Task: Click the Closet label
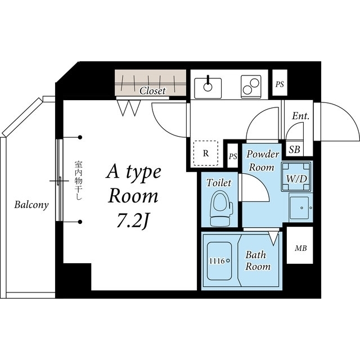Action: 152,91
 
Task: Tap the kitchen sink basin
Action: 208,88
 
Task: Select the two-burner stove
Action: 251,87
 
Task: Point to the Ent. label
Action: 300,116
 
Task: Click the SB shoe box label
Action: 295,150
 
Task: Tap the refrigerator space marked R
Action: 206,153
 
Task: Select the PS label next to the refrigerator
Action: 233,156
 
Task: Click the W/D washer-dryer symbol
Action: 296,177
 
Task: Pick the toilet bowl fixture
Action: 221,209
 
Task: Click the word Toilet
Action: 219,183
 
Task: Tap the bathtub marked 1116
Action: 219,261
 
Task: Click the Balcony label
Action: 31,205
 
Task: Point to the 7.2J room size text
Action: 132,221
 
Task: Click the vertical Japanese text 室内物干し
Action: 78,181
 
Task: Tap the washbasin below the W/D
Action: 301,208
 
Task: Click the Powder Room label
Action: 263,160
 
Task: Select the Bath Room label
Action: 258,260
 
